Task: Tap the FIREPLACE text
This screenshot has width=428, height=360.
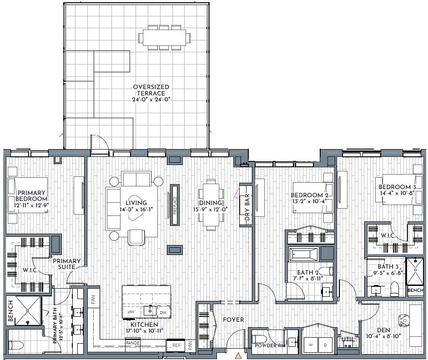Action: point(175,205)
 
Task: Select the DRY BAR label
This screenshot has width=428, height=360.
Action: point(247,207)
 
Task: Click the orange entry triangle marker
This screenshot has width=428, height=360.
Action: point(239,356)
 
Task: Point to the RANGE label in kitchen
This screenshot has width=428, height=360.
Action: point(133,343)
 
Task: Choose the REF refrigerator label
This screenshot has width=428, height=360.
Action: point(176,345)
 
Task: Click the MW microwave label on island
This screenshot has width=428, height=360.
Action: point(131,312)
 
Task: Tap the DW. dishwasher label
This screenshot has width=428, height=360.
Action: point(163,313)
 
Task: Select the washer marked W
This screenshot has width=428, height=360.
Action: point(311,345)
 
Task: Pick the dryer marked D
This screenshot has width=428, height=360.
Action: point(325,345)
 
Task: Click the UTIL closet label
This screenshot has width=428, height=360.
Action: point(348,340)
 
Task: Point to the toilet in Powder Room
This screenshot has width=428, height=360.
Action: point(258,339)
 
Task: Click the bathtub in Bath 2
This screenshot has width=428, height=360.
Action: point(303,255)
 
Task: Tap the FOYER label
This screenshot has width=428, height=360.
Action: point(233,320)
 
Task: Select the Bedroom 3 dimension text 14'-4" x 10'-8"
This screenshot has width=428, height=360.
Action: point(397,193)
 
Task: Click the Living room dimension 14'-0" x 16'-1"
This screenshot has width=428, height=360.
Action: point(136,209)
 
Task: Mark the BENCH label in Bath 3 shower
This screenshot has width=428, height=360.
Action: point(415,290)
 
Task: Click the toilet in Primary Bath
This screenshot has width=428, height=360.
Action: point(15,345)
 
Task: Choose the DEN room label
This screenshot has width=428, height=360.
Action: point(383,330)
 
